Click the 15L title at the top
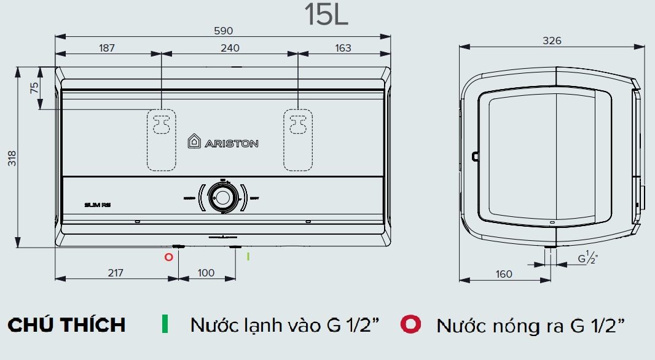(327, 15)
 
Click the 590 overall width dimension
(223, 31)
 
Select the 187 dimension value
(107, 49)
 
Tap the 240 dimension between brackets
(230, 49)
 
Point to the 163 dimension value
(343, 49)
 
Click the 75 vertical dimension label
(35, 88)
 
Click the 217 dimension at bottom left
(116, 273)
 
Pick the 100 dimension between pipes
(206, 273)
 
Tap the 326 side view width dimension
(552, 41)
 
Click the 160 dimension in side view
(503, 274)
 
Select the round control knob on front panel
(221, 197)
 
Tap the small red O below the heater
(168, 257)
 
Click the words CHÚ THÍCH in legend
(66, 324)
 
